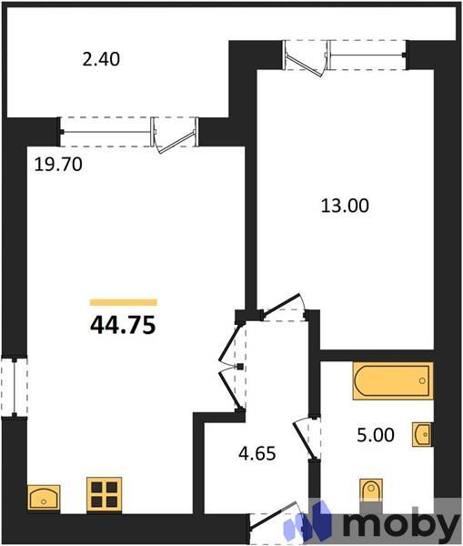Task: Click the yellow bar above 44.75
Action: (x=124, y=302)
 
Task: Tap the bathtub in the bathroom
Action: (x=392, y=381)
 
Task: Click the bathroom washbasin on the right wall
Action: (x=422, y=434)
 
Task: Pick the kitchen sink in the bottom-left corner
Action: (x=44, y=498)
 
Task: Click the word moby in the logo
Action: (x=393, y=525)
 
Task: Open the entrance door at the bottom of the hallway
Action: (x=277, y=521)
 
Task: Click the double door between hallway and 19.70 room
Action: (x=232, y=365)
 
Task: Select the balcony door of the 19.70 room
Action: (x=176, y=134)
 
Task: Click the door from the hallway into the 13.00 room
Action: (x=283, y=310)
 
